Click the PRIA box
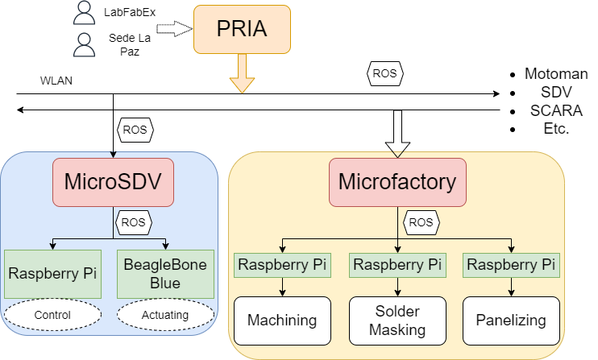(242, 30)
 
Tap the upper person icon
(84, 12)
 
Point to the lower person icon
(84, 45)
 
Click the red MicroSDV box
(113, 180)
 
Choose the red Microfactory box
(397, 181)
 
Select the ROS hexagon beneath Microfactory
(421, 221)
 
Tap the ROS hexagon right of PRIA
(384, 73)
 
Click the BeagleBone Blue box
(165, 273)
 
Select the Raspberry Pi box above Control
(52, 273)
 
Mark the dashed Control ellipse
(52, 315)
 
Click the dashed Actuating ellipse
(165, 315)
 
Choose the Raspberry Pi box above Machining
(282, 264)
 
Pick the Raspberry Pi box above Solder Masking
(397, 264)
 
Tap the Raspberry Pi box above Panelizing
(511, 264)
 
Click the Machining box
(282, 320)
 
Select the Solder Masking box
(397, 320)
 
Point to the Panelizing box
(511, 320)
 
